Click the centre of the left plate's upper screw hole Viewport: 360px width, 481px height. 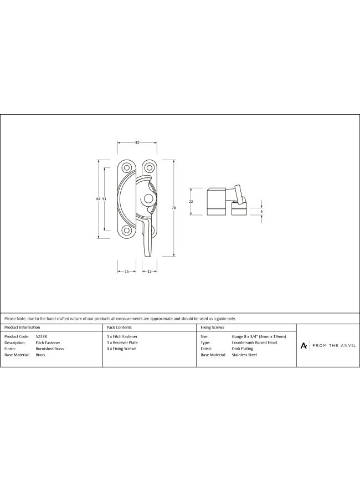point(126,168)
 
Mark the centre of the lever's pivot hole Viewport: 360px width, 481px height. point(148,198)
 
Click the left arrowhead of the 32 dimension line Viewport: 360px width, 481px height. point(119,142)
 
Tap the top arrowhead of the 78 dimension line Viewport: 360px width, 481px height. point(174,161)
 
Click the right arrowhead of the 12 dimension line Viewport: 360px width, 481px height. point(156,271)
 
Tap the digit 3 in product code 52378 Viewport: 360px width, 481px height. point(41,336)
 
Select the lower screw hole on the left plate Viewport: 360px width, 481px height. point(126,230)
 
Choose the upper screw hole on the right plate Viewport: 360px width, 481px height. point(149,168)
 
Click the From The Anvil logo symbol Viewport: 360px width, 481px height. point(304,346)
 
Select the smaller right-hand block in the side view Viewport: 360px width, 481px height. point(239,208)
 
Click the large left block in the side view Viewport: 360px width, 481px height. point(217,202)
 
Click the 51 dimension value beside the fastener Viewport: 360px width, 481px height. point(104,199)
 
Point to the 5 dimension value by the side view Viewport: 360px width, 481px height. point(261,211)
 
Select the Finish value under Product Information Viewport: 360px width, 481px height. point(50,349)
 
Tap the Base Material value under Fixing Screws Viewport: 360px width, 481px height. point(244,355)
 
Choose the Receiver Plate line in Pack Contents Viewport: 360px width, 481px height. point(122,342)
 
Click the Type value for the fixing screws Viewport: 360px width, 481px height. point(254,342)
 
